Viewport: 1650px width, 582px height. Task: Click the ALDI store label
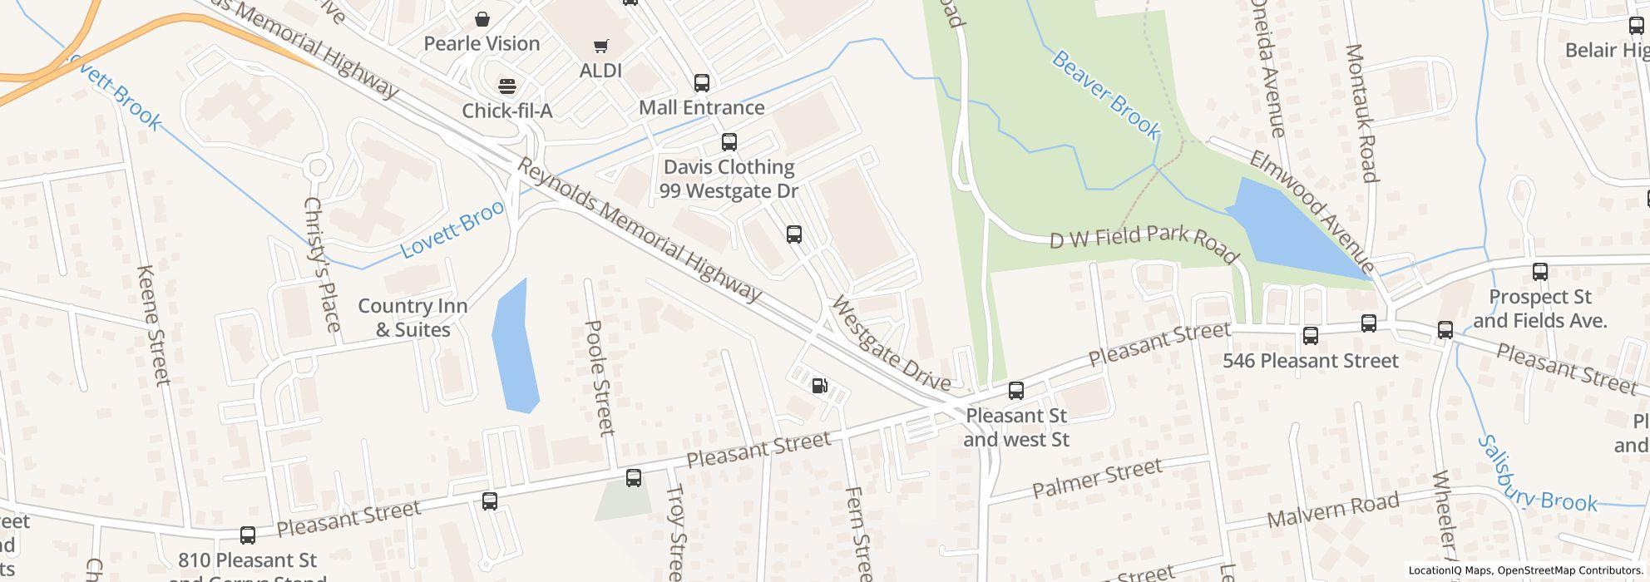coord(600,71)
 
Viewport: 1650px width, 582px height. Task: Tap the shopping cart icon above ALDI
coord(600,47)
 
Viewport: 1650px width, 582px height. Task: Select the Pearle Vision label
coord(482,43)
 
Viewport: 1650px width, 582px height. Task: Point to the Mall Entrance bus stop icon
coord(702,83)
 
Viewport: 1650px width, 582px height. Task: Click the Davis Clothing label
coord(729,168)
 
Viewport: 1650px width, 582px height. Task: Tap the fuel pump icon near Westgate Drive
coord(819,386)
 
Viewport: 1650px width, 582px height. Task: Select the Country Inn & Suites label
coord(412,318)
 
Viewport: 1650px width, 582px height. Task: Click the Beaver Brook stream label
coord(1105,94)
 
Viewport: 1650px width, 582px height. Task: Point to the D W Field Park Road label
coord(1144,240)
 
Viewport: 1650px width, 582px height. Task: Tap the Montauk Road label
coord(1361,113)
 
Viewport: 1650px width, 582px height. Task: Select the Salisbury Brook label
coord(1538,475)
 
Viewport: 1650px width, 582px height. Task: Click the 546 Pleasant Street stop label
coord(1311,361)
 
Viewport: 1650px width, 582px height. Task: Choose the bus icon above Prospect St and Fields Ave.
coord(1540,272)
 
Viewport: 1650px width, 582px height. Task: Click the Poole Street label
coord(600,378)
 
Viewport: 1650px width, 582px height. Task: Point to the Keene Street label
coord(154,326)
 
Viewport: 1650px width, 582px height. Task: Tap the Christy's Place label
coord(323,264)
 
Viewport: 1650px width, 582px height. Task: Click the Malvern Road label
coord(1333,510)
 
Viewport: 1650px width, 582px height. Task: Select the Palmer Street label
coord(1097,478)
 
